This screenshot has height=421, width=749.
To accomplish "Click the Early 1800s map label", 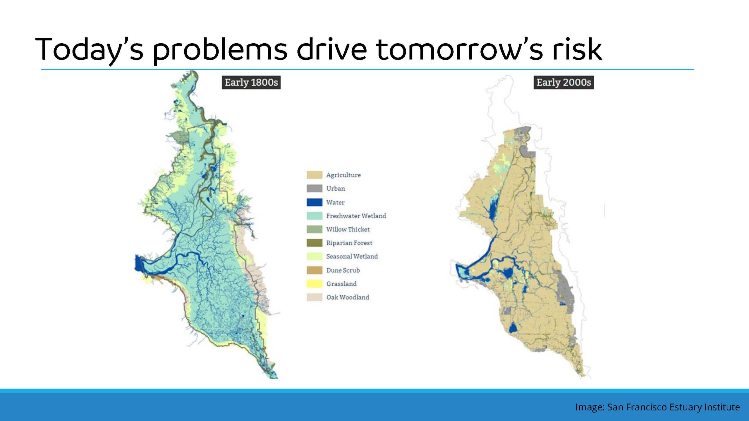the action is point(251,82).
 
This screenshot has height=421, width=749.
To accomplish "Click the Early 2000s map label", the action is point(564,82).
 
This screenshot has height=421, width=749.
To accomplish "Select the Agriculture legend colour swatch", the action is point(315,175).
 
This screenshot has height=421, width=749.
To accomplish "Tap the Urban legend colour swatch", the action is point(315,189).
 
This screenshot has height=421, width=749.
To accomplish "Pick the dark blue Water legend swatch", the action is point(315,202).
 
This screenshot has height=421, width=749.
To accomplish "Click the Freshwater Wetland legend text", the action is point(356,216).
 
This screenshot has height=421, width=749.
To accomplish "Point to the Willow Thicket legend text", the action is point(348,230).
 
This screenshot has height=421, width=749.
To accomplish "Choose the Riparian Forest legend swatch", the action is point(315,243).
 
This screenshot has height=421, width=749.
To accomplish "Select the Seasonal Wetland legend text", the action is point(352,256).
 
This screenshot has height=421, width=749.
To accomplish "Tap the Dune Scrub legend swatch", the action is point(315,270).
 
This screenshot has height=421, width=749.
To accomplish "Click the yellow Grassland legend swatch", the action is point(315,284).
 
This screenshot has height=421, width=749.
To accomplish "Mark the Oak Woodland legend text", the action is point(348,297).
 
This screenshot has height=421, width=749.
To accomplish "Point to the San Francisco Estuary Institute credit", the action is point(674,407).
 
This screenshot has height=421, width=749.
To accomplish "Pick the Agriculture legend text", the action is point(343,175).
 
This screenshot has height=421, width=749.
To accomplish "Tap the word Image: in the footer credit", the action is point(590,407).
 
